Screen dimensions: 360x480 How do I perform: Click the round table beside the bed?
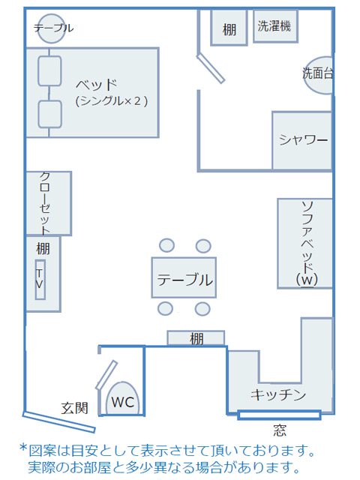coord(52,28)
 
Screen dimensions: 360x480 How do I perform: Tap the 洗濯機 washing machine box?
coord(275,26)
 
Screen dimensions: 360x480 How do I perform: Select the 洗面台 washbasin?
coord(319,75)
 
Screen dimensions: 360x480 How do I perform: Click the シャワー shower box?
coord(302,140)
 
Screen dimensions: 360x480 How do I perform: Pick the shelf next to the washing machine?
coord(229,28)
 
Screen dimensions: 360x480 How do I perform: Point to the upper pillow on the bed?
coord(49,71)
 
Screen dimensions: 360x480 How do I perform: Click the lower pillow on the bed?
coord(50,114)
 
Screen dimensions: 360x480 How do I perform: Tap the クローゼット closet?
coord(48,203)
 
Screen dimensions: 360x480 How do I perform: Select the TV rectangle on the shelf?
coord(40,280)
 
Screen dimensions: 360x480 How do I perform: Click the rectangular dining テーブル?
coord(184,277)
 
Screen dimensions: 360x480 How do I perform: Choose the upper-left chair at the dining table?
coord(166,245)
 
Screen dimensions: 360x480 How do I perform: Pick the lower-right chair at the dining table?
coord(202,309)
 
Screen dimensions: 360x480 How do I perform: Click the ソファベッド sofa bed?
coord(305,243)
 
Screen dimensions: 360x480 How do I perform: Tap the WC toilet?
coord(122,398)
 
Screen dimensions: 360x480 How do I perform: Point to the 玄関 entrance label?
coord(74,408)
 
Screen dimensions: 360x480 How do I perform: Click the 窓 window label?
coord(280,430)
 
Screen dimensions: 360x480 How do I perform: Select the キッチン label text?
coord(278,394)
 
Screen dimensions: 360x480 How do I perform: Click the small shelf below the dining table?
coord(196,338)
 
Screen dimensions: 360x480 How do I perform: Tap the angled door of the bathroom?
coord(211,68)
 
